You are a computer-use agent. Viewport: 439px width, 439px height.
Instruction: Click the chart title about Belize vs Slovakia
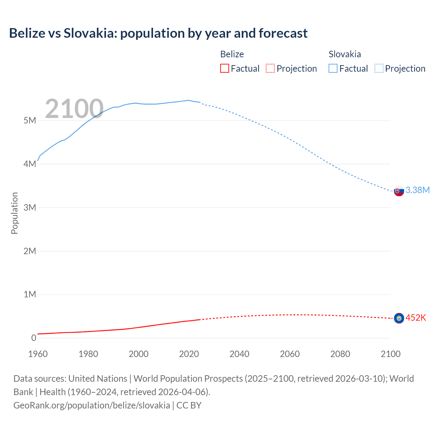tap(158, 33)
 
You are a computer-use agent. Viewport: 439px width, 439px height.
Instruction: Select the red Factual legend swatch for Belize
tap(224, 68)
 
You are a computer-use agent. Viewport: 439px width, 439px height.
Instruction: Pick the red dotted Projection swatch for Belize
tap(270, 68)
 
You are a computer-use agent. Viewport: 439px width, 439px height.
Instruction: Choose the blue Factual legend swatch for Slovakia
tap(333, 68)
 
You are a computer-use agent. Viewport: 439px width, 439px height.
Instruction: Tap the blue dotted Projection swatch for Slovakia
tap(379, 68)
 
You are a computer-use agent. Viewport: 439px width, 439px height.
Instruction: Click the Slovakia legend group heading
tap(345, 54)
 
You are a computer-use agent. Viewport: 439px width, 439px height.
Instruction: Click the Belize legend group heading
tap(232, 54)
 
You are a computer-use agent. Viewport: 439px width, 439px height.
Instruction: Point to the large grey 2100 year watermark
tap(74, 109)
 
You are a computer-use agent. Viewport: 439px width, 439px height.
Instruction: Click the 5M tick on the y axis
tap(30, 121)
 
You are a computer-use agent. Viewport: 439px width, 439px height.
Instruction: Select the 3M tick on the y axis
tap(30, 207)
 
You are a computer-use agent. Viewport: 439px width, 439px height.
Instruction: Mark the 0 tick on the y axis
tap(34, 338)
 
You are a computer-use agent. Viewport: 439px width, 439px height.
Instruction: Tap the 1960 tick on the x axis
tap(38, 354)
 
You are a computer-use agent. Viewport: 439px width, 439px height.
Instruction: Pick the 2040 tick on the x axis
tap(239, 354)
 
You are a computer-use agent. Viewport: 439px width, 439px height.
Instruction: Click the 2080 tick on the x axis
tap(340, 354)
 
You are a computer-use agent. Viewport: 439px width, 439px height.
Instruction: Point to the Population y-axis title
tap(14, 213)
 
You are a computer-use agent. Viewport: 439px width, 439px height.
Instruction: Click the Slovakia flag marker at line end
tap(399, 191)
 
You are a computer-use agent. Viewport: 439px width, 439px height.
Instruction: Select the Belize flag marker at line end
tap(399, 318)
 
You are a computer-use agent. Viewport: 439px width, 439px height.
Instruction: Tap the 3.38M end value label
tap(417, 190)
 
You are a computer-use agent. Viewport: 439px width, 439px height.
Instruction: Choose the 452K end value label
tap(416, 318)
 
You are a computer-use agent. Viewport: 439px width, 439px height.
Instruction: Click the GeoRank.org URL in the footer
tap(92, 405)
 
